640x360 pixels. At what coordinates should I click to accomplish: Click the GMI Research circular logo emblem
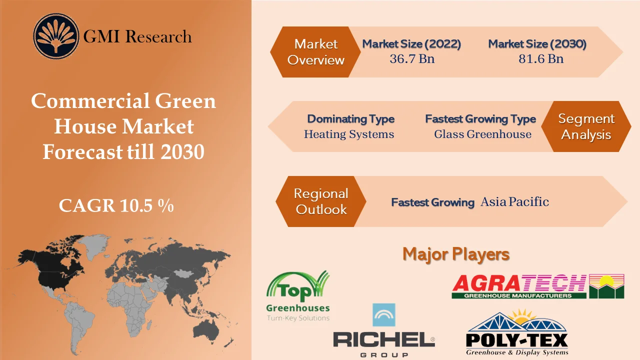(56, 36)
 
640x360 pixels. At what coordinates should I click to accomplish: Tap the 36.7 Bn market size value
(412, 59)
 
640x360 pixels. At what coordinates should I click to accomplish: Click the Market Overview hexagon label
(315, 52)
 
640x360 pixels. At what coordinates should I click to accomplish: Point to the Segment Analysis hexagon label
(586, 126)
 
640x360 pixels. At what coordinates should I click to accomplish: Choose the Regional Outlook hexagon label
(320, 201)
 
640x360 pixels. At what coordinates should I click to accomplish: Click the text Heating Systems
(349, 134)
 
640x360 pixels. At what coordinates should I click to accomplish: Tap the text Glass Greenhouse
(482, 134)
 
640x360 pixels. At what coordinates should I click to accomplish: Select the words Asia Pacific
(514, 202)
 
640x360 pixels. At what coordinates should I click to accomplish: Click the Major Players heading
(456, 254)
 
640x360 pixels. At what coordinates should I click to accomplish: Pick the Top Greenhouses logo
(298, 296)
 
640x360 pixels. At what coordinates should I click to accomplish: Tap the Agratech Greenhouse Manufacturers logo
(537, 286)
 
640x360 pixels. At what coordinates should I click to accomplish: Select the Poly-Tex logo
(517, 333)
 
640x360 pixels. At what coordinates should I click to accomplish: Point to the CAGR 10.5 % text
(116, 205)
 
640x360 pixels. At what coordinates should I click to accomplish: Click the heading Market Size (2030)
(537, 44)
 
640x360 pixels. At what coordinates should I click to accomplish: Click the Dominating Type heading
(350, 119)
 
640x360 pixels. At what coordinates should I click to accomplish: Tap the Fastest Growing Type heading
(480, 119)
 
